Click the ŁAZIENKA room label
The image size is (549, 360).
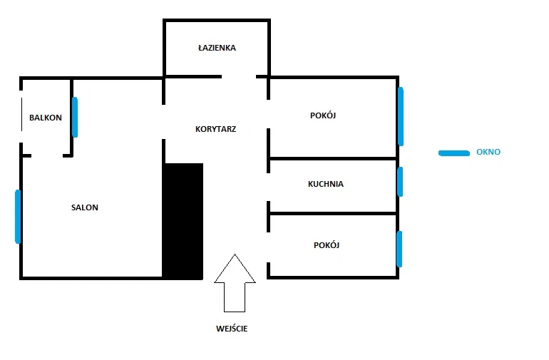(x=217, y=48)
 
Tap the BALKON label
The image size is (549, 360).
(x=46, y=118)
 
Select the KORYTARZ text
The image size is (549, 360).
(x=215, y=129)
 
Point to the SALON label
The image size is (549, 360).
(x=85, y=207)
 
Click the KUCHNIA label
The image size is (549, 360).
(x=326, y=184)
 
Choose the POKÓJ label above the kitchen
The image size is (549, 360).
(x=323, y=115)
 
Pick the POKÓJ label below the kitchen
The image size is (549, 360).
(x=327, y=245)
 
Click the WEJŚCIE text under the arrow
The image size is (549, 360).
(x=232, y=329)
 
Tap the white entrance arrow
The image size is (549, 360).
(x=235, y=283)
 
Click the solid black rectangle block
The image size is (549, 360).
(x=183, y=221)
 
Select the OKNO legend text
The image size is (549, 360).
(x=488, y=152)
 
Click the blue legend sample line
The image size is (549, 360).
(x=454, y=153)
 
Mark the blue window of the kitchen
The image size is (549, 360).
(x=400, y=182)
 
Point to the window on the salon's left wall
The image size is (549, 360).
(x=18, y=217)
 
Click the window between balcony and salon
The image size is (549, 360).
(x=75, y=117)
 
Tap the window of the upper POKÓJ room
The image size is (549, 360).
(x=401, y=116)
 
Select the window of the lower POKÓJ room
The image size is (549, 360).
(x=399, y=249)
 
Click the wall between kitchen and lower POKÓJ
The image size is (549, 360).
(x=333, y=213)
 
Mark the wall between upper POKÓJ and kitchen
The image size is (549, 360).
(x=333, y=159)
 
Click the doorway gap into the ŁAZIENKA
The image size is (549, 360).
(x=239, y=76)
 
